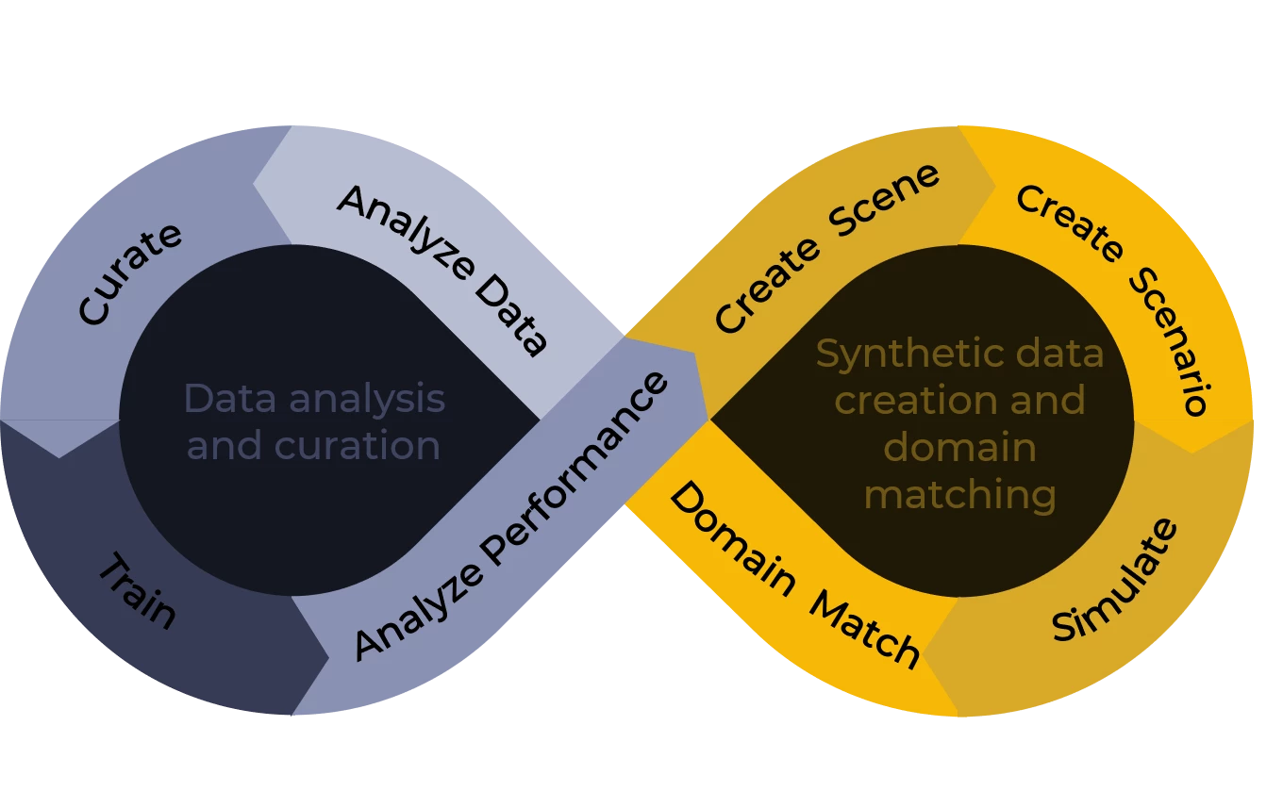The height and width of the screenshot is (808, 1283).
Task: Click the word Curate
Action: click(130, 273)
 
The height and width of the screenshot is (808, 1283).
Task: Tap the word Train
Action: click(138, 592)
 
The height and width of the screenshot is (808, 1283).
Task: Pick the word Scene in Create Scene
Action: click(885, 201)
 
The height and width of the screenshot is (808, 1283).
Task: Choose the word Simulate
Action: click(1115, 581)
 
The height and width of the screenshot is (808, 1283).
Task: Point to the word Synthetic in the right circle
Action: click(892, 355)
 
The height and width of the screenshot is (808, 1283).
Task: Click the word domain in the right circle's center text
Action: click(959, 447)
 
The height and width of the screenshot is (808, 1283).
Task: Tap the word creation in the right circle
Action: click(905, 401)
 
